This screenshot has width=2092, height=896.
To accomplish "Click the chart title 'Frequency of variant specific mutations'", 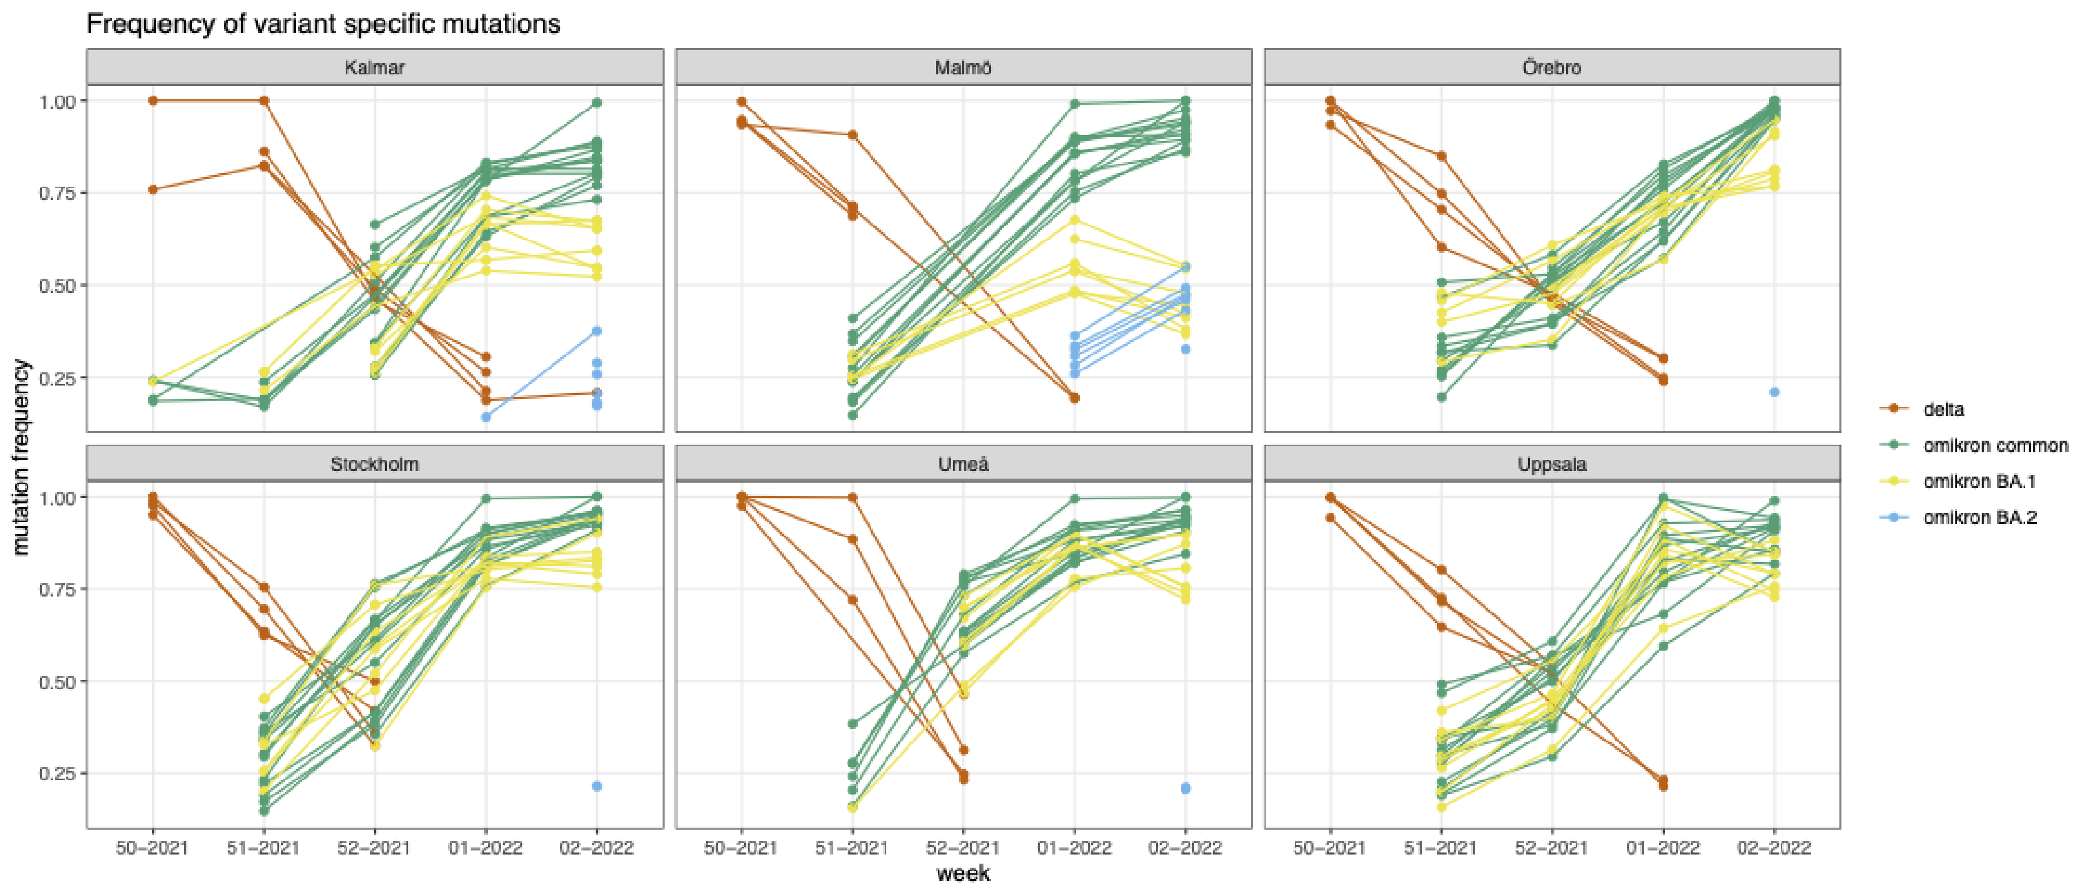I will point(323,24).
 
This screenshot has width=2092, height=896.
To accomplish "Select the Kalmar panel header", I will point(375,67).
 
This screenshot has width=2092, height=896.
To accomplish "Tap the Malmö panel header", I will point(963,67).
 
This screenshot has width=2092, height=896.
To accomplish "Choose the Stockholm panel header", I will point(375,464).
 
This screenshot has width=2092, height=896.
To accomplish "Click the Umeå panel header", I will point(963,464).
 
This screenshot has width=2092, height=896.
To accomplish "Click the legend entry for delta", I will point(1943,409).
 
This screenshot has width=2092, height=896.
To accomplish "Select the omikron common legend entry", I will point(1994,446).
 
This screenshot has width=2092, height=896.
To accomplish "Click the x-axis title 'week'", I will point(963,873).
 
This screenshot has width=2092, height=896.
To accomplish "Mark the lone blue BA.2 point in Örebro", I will point(1774,392).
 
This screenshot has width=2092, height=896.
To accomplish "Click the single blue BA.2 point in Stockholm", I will point(597,786).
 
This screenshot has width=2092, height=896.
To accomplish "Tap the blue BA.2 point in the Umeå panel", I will point(1185,788).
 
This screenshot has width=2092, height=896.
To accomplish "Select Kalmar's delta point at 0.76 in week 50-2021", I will point(153,189).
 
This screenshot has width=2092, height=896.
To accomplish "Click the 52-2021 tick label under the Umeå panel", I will point(963,848).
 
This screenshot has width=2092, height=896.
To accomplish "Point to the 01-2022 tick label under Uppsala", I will point(1662,848).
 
